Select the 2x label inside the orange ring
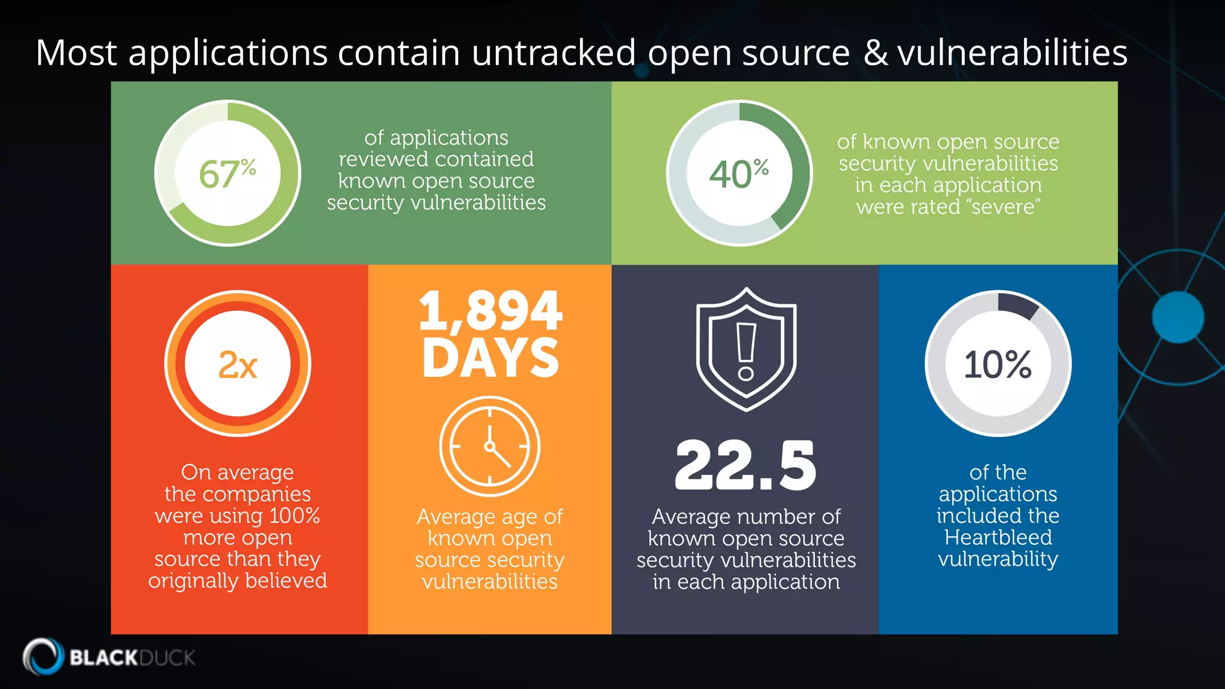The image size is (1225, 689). (x=237, y=364)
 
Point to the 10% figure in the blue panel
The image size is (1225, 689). (x=998, y=364)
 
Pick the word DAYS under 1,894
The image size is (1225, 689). (x=490, y=358)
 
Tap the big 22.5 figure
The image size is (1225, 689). (x=745, y=465)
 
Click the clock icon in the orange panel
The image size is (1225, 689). (x=490, y=446)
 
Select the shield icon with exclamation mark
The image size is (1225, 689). (x=746, y=349)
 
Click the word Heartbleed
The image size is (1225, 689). (x=998, y=537)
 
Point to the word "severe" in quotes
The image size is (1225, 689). (x=1003, y=207)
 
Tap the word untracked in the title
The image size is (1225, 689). (x=553, y=53)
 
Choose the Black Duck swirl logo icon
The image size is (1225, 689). (x=43, y=657)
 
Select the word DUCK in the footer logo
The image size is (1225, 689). (x=167, y=658)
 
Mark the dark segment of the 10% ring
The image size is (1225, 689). (x=1018, y=304)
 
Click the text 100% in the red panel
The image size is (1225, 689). (x=294, y=516)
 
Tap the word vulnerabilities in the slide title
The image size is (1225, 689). (x=1012, y=53)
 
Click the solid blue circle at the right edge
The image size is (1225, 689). (x=1178, y=318)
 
